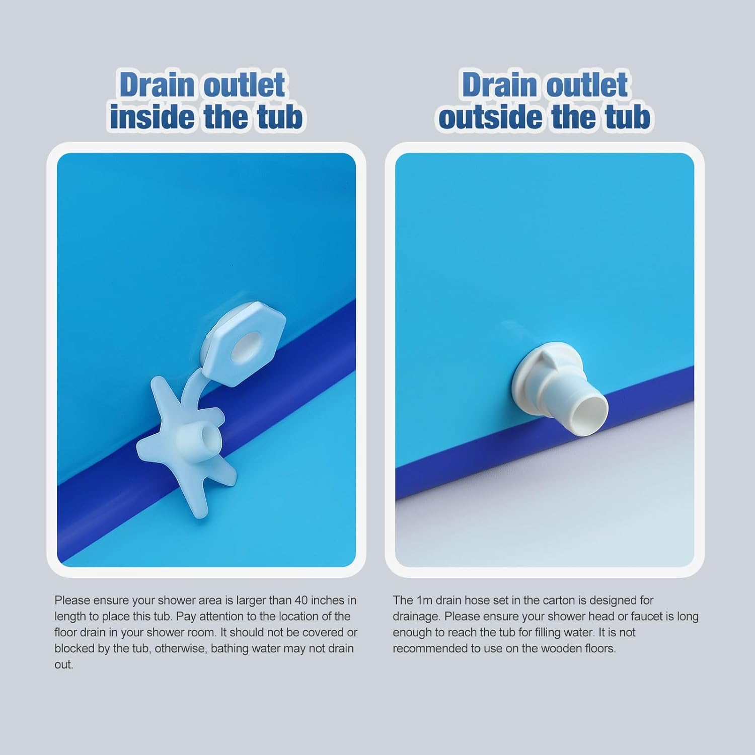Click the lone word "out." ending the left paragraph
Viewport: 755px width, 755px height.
pyautogui.click(x=64, y=664)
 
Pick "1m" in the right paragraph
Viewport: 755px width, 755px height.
pyautogui.click(x=421, y=600)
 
